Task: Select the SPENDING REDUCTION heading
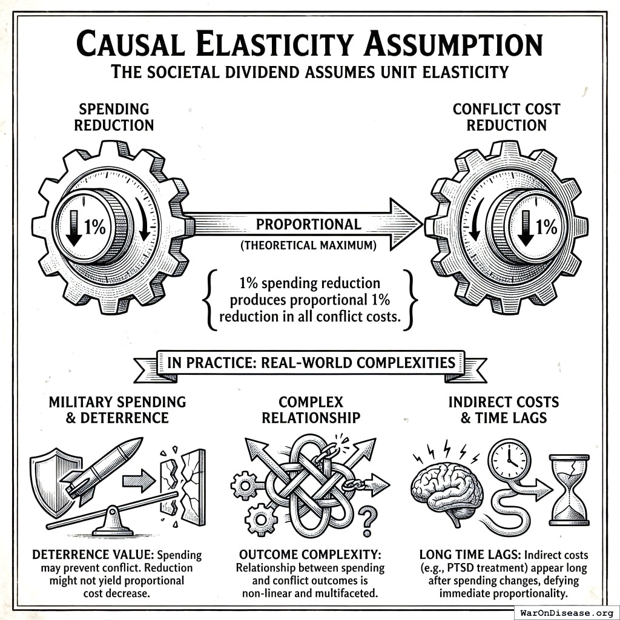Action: point(114,117)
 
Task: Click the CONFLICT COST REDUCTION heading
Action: point(506,117)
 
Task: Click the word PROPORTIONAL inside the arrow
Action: point(308,224)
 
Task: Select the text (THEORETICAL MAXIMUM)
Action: point(308,246)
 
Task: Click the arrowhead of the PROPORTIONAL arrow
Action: point(405,224)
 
